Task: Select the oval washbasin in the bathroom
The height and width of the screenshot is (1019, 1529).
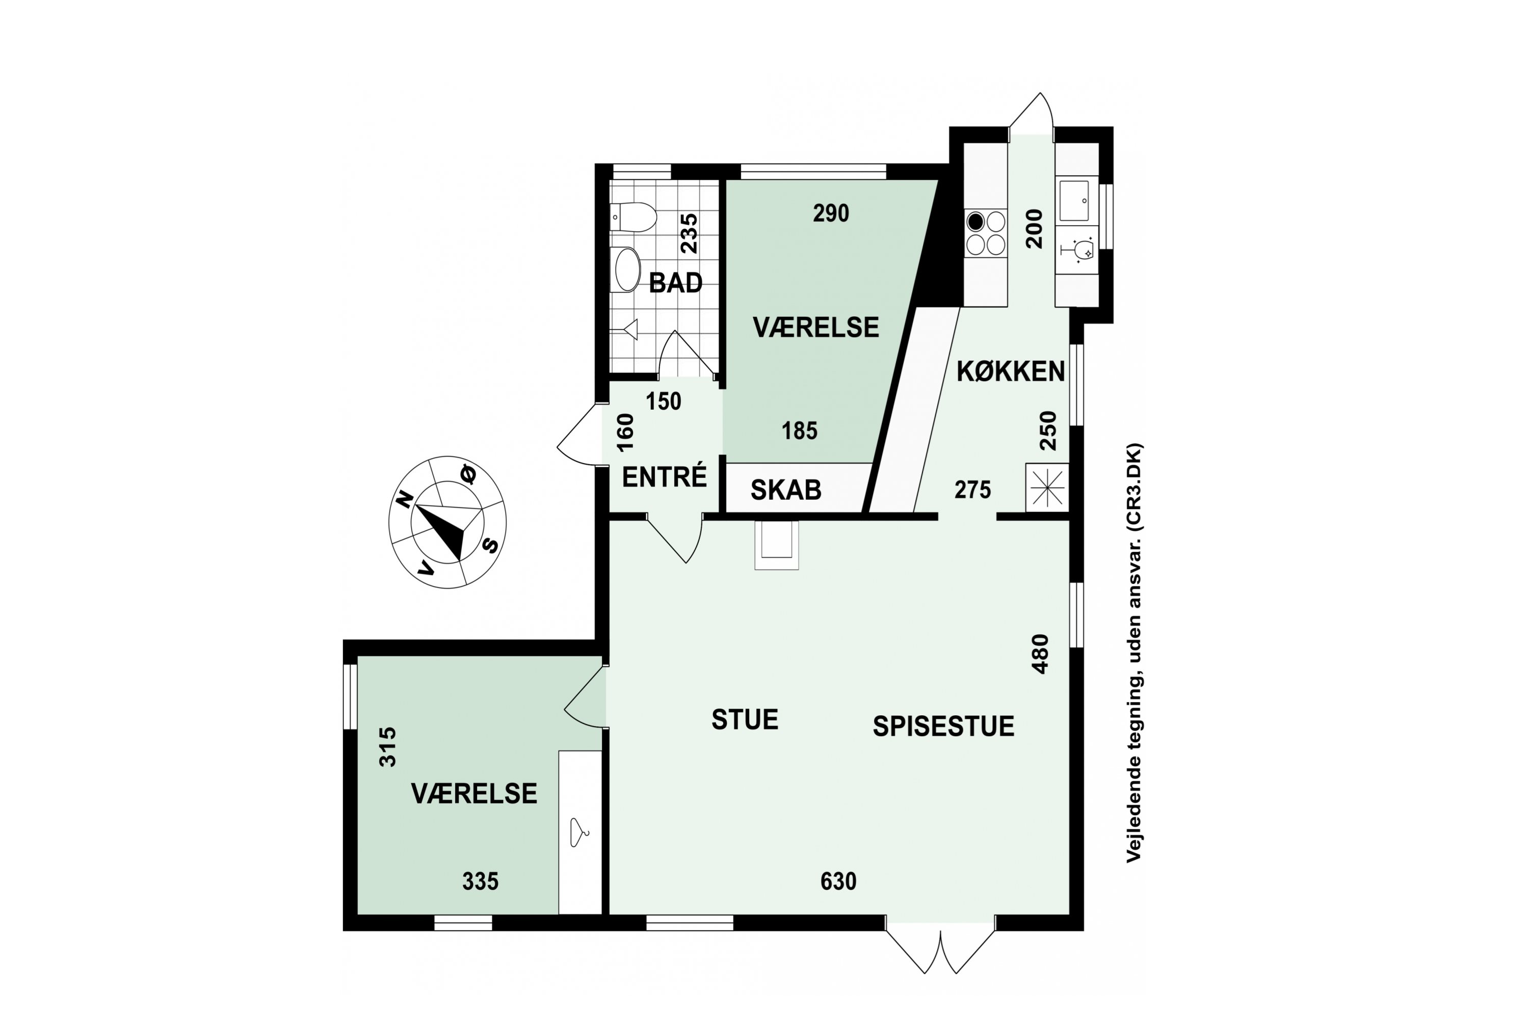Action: click(x=627, y=270)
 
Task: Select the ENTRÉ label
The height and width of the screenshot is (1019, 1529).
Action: click(x=665, y=476)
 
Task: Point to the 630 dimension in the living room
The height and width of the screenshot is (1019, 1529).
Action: click(x=838, y=881)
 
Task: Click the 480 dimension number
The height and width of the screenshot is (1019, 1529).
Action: click(x=1040, y=654)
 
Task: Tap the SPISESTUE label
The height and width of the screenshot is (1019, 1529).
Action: click(x=943, y=727)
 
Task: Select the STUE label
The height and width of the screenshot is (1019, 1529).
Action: click(x=745, y=720)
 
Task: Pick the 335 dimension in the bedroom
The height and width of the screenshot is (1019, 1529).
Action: click(x=481, y=881)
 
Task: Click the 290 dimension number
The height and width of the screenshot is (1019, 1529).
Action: click(x=831, y=213)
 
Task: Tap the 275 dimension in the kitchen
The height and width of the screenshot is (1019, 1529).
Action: click(x=972, y=489)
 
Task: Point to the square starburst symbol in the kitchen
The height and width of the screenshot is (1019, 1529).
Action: click(x=1047, y=487)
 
